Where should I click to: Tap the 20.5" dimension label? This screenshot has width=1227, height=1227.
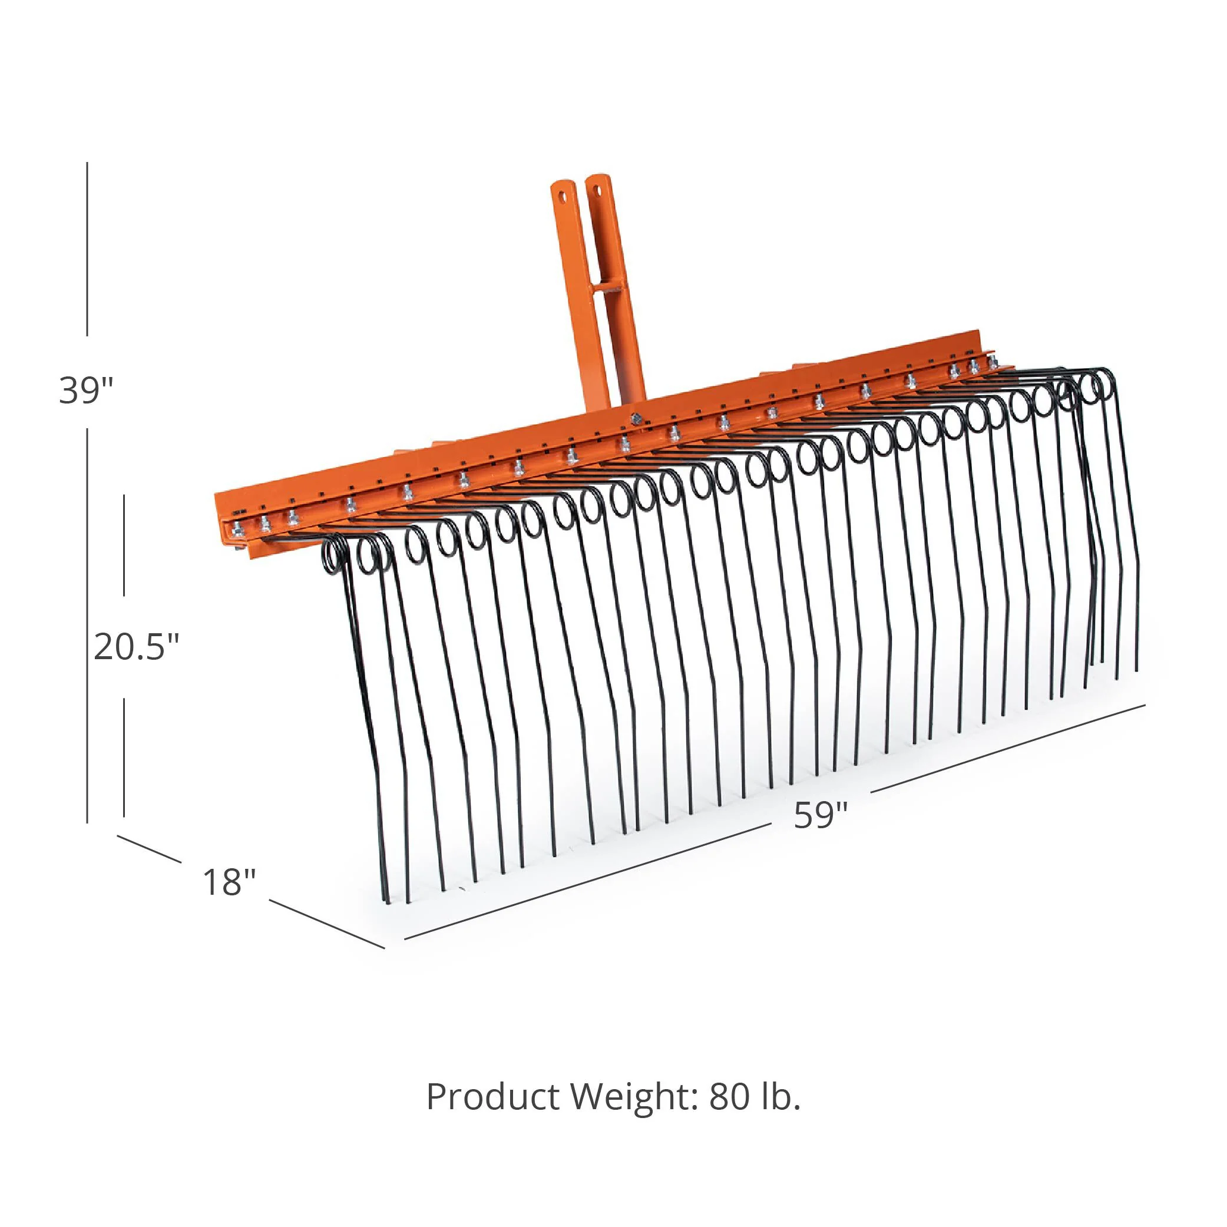(137, 647)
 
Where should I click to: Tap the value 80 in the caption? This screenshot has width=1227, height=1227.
(729, 1097)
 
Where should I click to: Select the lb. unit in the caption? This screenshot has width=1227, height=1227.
(780, 1097)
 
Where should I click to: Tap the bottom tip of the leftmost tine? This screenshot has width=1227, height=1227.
(387, 902)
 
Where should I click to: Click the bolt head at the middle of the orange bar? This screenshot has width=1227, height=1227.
(634, 419)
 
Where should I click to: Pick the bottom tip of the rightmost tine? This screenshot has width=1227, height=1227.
(1136, 669)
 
